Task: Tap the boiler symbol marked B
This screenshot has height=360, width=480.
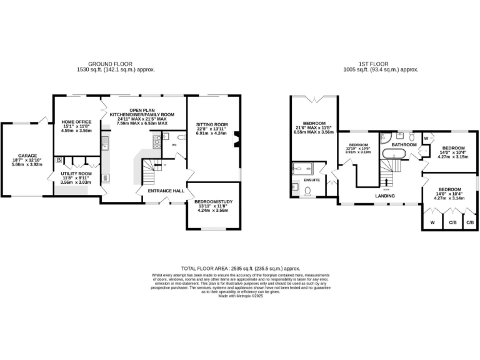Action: (59, 161)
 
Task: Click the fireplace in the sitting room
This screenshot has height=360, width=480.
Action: (237, 139)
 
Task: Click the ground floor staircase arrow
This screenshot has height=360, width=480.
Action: (156, 167)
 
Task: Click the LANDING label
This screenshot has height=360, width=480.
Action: (385, 196)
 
